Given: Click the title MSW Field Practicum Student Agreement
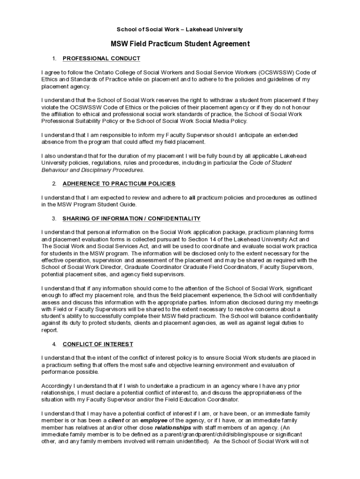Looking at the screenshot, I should pos(180,44).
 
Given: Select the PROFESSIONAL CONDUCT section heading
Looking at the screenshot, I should pos(101,58).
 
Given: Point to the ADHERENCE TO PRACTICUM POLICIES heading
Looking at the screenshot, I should pos(119,183).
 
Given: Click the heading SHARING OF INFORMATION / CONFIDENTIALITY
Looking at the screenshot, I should pos(131,218).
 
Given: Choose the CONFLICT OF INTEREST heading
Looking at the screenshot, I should pos(98,344).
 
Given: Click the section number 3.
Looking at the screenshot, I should pos(54,218).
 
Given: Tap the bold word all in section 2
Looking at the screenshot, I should pos(192,197).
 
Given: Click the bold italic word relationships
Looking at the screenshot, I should pos(173,428).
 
